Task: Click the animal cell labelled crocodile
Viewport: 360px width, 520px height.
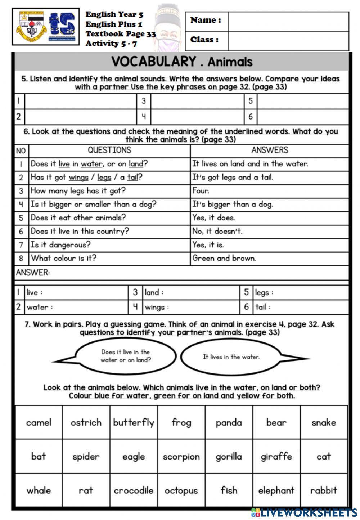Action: tap(134, 490)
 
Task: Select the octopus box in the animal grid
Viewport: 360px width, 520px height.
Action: tap(181, 490)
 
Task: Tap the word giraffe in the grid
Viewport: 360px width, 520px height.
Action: tap(276, 457)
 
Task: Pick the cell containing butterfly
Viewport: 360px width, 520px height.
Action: tap(134, 422)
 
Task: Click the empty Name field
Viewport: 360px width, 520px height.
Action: tap(288, 21)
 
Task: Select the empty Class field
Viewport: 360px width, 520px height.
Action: tap(288, 40)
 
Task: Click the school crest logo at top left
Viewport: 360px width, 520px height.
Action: tap(31, 27)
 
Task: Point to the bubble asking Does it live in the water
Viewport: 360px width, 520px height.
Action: tap(125, 356)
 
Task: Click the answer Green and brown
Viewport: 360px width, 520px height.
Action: tap(224, 258)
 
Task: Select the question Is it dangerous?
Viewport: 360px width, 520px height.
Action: tap(60, 245)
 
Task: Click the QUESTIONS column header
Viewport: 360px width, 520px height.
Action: tap(109, 150)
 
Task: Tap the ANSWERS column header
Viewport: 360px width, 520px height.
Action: tap(269, 150)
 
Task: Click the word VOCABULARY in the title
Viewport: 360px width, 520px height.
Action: tap(154, 62)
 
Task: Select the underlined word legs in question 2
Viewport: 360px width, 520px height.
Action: tap(104, 177)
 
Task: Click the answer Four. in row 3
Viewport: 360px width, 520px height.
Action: tap(201, 191)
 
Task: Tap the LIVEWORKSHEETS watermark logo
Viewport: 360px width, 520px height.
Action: tap(304, 512)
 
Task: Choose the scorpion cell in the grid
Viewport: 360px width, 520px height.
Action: tap(181, 457)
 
